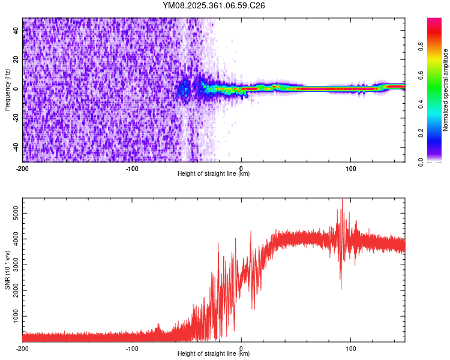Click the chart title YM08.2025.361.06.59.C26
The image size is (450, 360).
pyautogui.click(x=214, y=5)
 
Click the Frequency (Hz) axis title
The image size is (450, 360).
pyautogui.click(x=7, y=90)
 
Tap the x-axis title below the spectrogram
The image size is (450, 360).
pyautogui.click(x=214, y=174)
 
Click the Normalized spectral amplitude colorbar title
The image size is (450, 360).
pyautogui.click(x=445, y=90)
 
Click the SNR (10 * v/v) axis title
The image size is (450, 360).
pyautogui.click(x=7, y=270)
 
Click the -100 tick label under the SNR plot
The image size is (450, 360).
pyautogui.click(x=132, y=348)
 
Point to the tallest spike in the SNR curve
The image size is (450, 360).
pyautogui.click(x=342, y=200)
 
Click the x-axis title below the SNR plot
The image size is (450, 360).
pyautogui.click(x=214, y=354)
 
